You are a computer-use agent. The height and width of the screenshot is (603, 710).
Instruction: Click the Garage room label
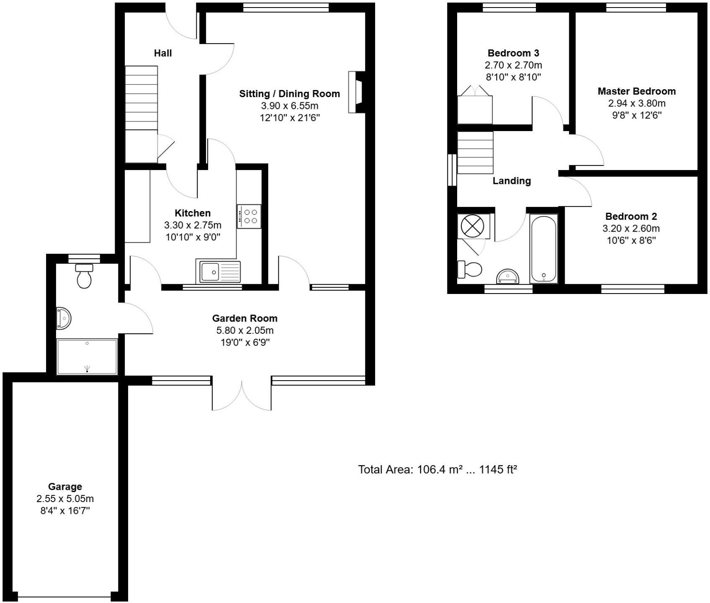[x=65, y=487]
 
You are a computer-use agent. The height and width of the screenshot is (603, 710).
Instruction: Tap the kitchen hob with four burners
[x=249, y=216]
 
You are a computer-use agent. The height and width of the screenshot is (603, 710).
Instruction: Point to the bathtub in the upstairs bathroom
[x=543, y=249]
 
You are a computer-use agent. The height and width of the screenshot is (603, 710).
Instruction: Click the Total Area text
[x=437, y=469]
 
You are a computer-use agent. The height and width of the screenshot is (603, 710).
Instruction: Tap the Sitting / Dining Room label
[x=289, y=94]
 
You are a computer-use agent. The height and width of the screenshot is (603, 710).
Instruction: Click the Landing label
[x=512, y=181]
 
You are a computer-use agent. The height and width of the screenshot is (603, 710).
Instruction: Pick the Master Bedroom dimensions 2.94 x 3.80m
[x=637, y=103]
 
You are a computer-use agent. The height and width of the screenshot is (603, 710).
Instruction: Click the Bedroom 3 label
[x=513, y=53]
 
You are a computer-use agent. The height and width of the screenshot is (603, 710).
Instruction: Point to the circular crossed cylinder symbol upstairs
[x=472, y=227]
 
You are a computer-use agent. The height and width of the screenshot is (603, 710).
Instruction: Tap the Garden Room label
[x=245, y=318]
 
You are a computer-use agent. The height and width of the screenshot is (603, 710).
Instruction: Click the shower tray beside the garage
[x=87, y=357]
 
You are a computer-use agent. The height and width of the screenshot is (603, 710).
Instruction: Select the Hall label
[x=163, y=53]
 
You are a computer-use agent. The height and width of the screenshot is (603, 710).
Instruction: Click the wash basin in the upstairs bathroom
[x=508, y=277]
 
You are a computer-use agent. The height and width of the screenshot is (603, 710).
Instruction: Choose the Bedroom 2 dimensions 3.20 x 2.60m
[x=631, y=229]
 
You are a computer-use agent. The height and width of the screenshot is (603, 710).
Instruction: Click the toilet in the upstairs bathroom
[x=470, y=269]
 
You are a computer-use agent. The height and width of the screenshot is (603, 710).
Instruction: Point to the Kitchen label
[x=193, y=213]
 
